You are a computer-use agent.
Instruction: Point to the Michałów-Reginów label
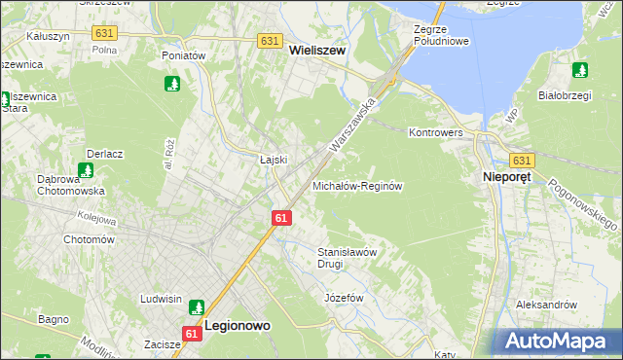(356, 185)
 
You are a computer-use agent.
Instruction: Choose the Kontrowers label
(435, 131)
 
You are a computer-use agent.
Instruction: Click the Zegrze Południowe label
(441, 36)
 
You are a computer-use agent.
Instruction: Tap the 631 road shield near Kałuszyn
(105, 32)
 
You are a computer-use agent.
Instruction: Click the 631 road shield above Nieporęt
(522, 161)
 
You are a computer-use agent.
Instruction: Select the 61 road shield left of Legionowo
(191, 333)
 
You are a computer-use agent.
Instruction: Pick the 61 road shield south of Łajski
(280, 218)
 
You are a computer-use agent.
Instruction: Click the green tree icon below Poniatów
(173, 84)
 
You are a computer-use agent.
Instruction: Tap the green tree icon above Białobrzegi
(580, 70)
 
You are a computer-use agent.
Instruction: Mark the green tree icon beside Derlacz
(86, 170)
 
